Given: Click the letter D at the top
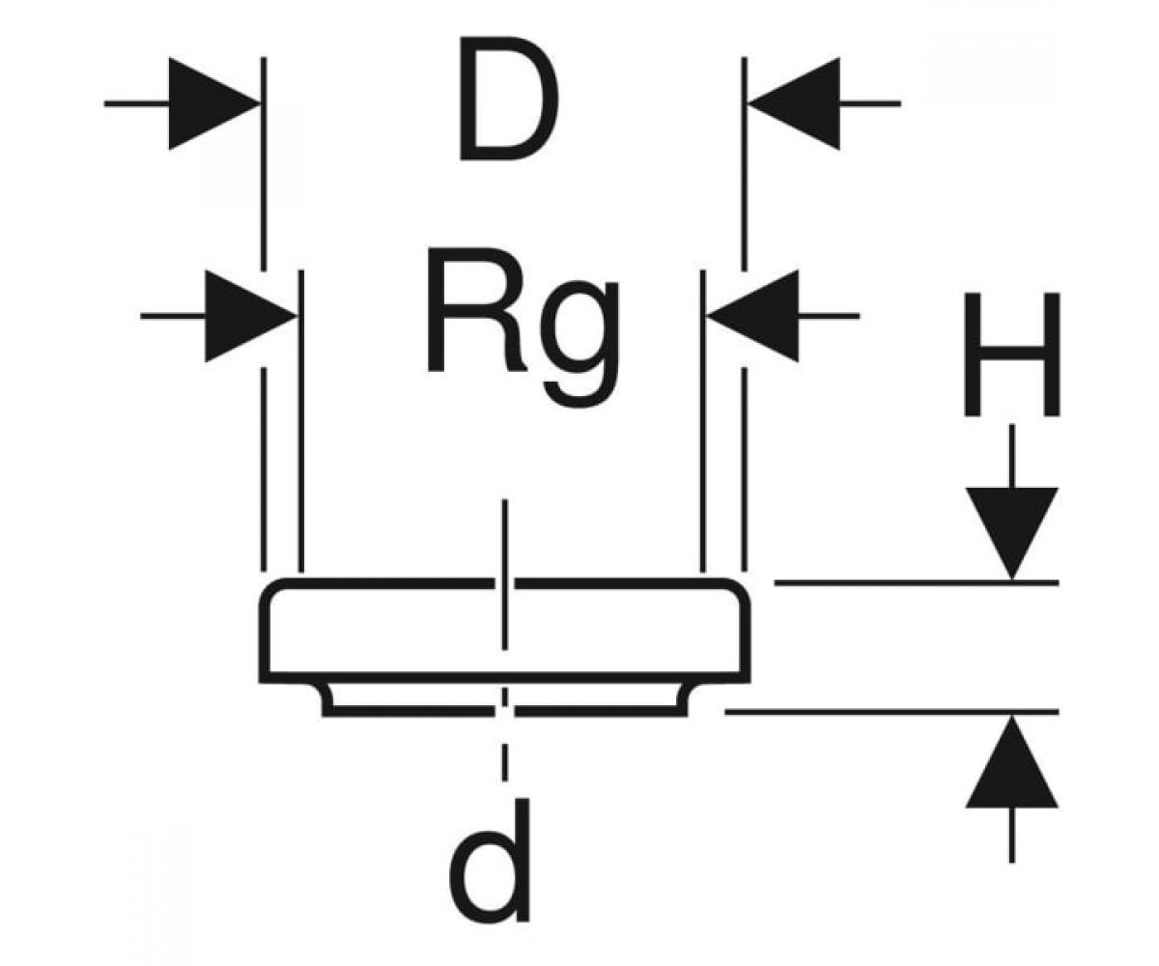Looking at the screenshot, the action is pyautogui.click(x=508, y=99).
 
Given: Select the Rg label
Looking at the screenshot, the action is pyautogui.click(x=523, y=327).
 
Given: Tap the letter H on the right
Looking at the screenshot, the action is pyautogui.click(x=1012, y=355).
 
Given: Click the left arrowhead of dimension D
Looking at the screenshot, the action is pyautogui.click(x=213, y=103).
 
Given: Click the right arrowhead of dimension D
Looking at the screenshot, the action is pyautogui.click(x=793, y=103).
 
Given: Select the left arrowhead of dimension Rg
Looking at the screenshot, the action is pyautogui.click(x=250, y=316).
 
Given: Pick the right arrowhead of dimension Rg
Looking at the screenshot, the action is pyautogui.click(x=752, y=316).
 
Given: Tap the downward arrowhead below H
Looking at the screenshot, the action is pyautogui.click(x=1012, y=533).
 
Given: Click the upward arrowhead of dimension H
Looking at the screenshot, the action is pyautogui.click(x=1012, y=762).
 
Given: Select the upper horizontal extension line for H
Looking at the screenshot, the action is pyautogui.click(x=917, y=582).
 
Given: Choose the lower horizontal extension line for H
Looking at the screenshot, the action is pyautogui.click(x=892, y=711).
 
